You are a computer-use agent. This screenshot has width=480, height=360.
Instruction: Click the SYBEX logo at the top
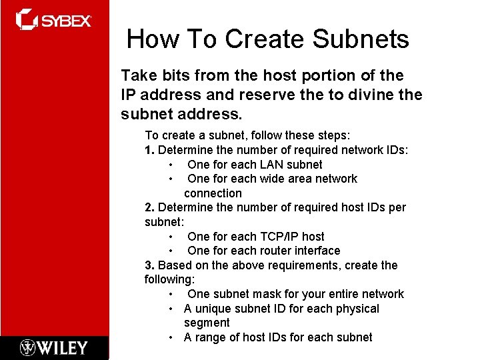pos(53,20)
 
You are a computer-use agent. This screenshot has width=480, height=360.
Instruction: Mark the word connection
pos(213,193)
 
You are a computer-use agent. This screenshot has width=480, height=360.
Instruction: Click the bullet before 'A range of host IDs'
pos(172,337)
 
